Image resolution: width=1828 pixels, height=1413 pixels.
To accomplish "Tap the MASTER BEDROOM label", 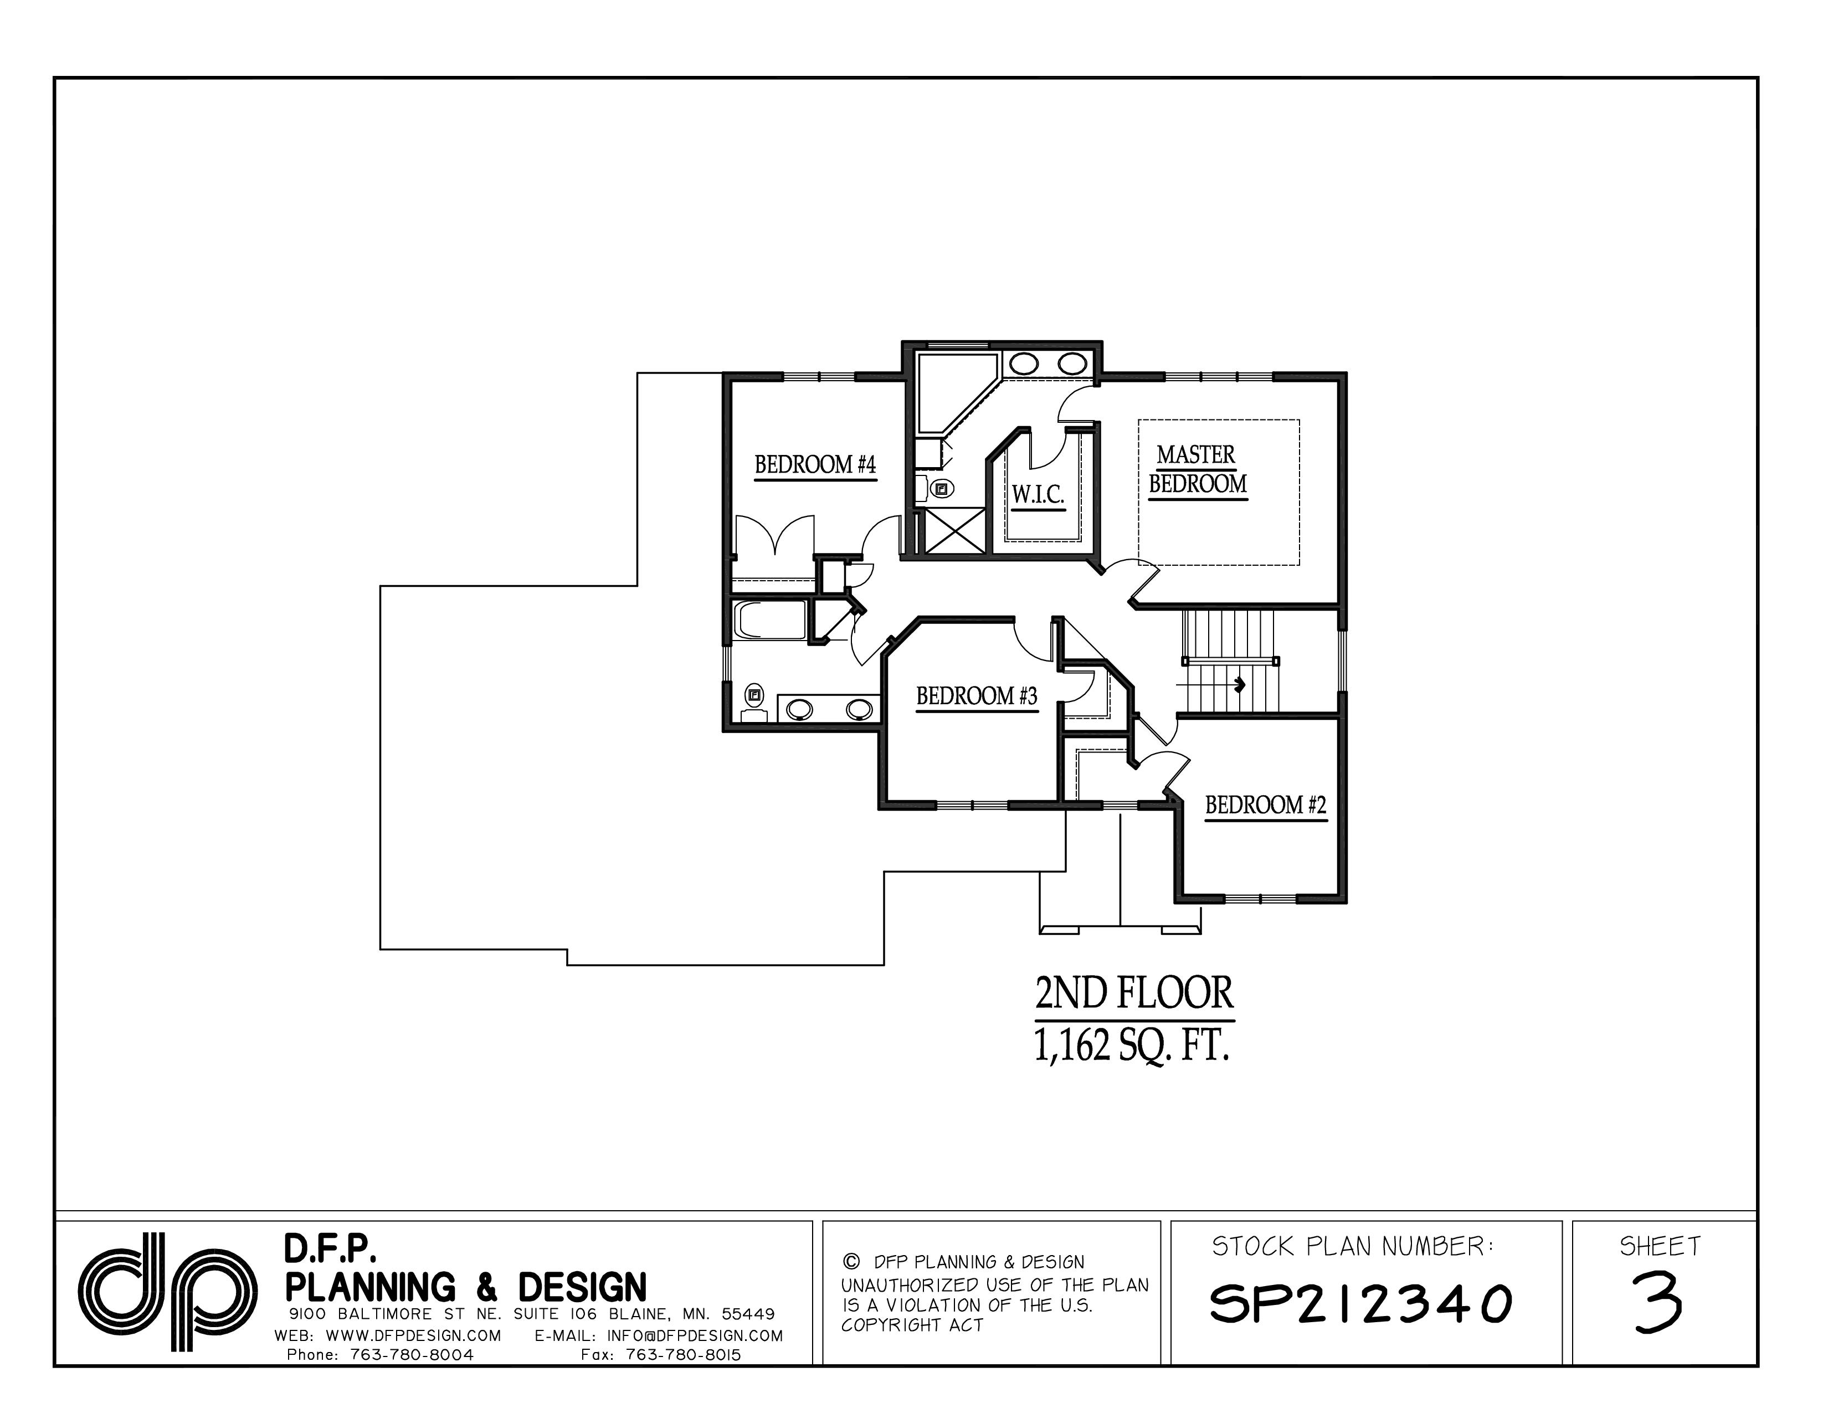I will click(x=1197, y=469).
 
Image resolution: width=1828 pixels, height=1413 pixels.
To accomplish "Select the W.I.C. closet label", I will click(x=1038, y=495).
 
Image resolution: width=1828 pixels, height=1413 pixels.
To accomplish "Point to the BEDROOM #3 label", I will click(x=976, y=697).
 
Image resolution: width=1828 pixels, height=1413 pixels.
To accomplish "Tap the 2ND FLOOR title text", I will click(x=1133, y=995).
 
